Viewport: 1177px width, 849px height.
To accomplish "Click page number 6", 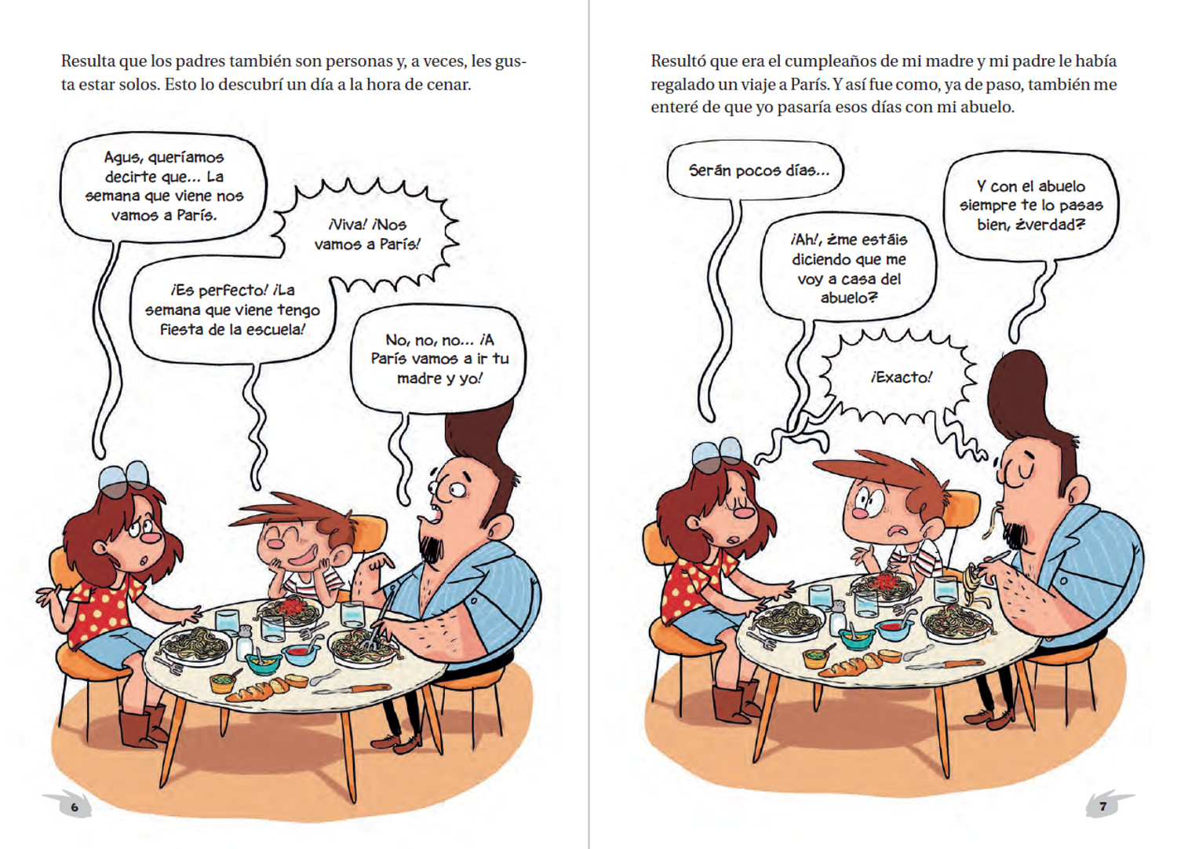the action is click(x=74, y=807).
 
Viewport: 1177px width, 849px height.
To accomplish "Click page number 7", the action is click(x=1103, y=807).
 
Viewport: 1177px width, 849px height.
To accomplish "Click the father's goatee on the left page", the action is click(x=432, y=551).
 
